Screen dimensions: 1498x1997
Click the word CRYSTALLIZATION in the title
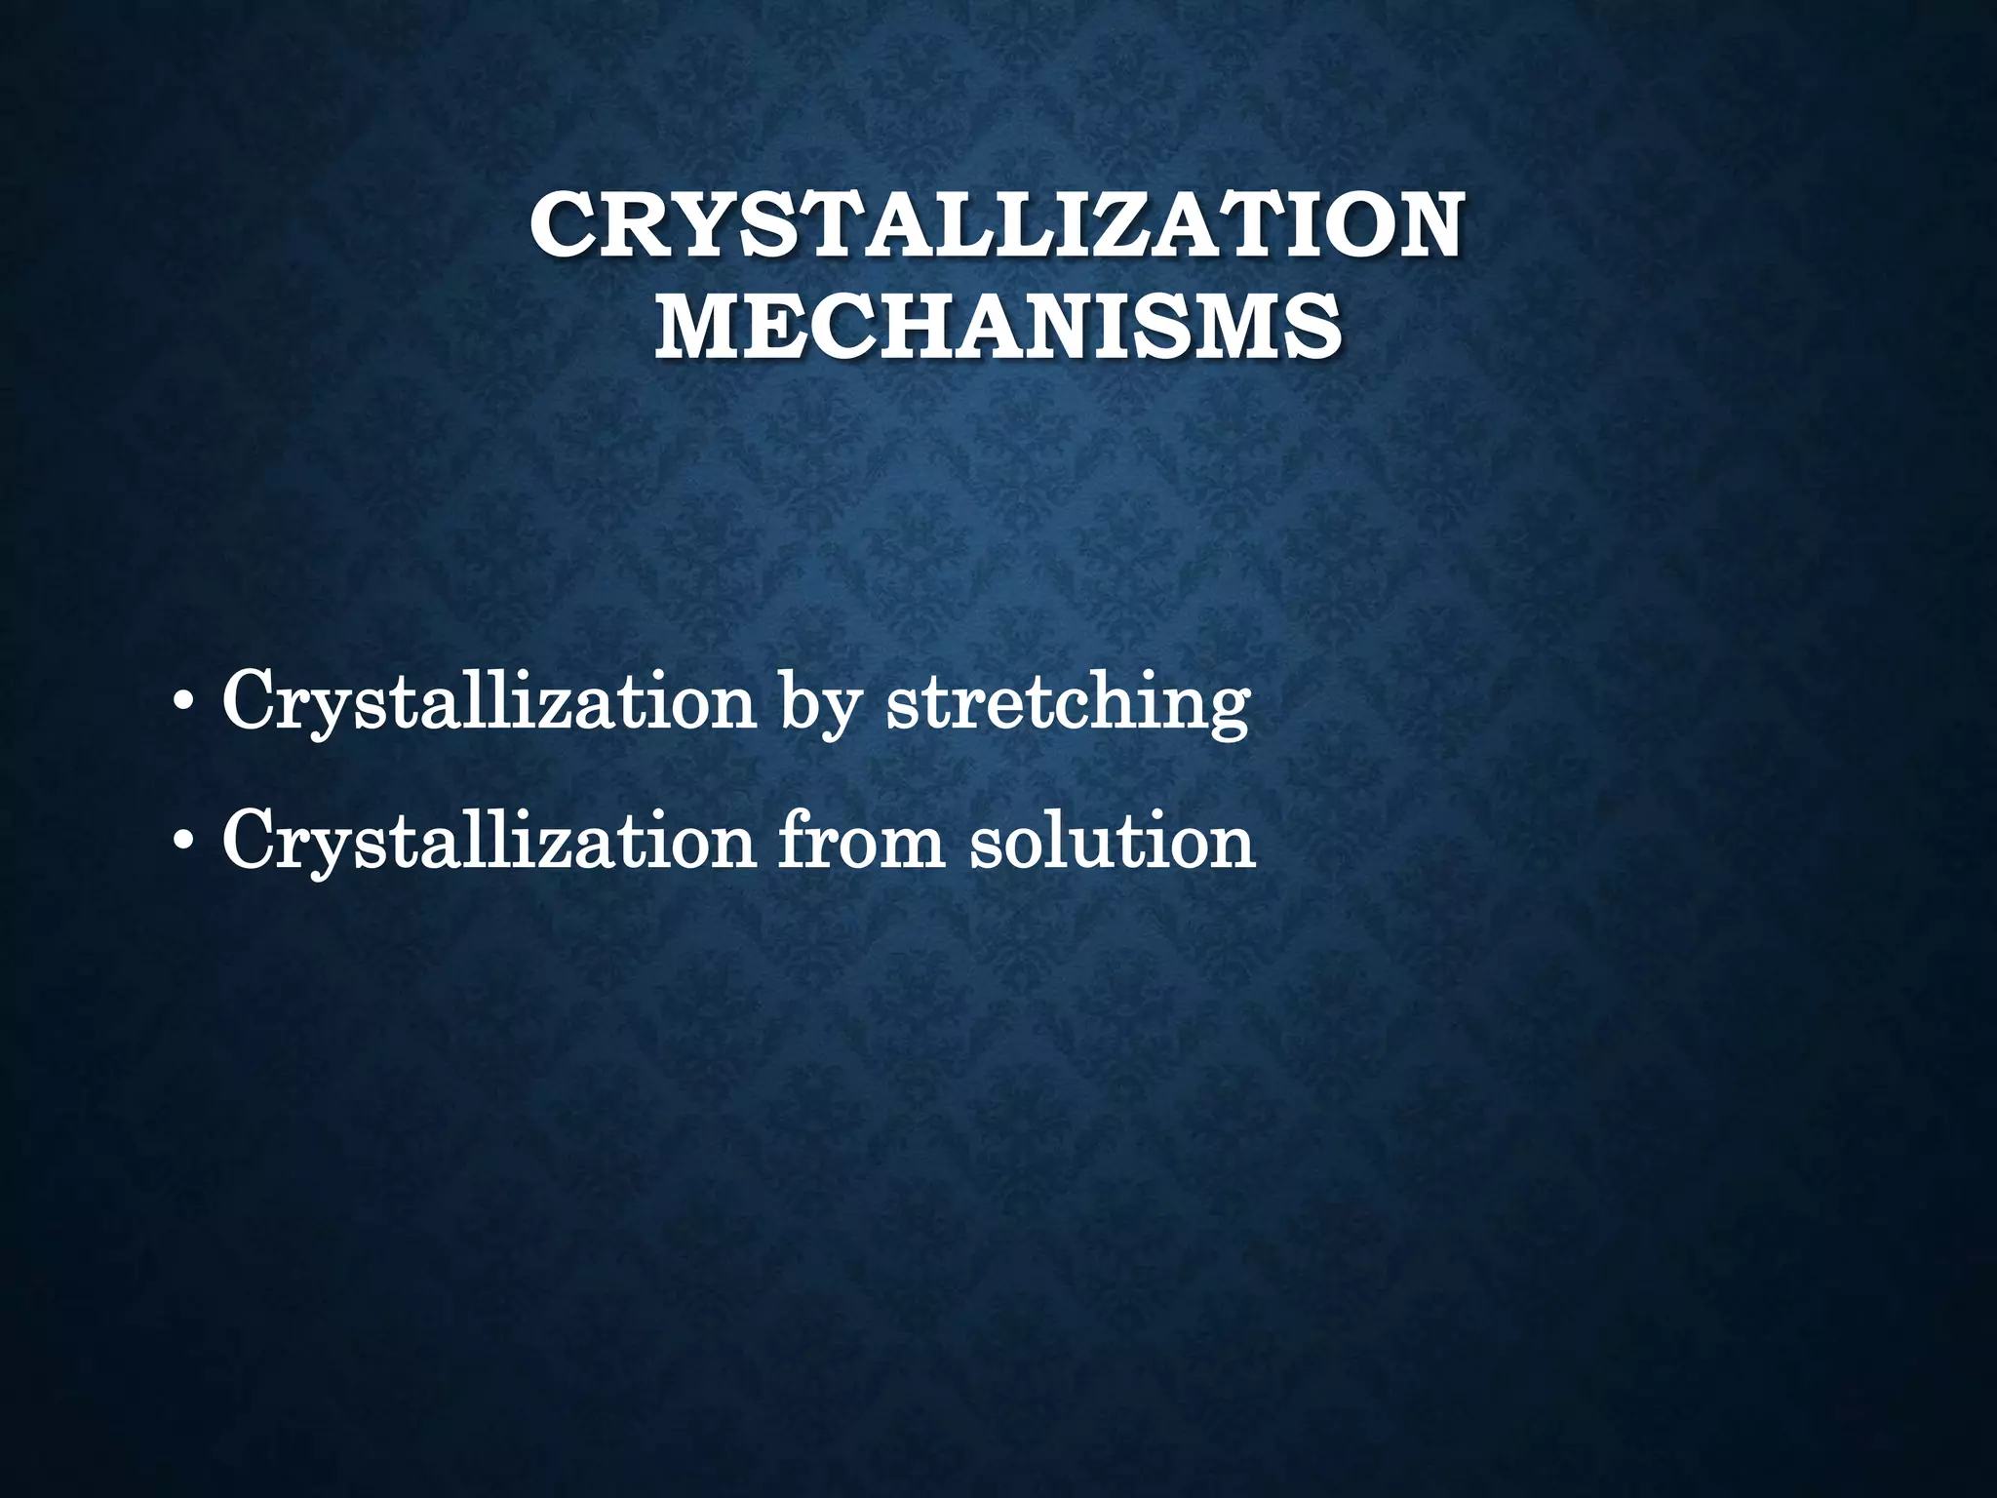pyautogui.click(x=997, y=225)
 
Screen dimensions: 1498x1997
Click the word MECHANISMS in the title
pyautogui.click(x=997, y=327)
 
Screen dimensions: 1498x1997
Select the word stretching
pyautogui.click(x=1067, y=703)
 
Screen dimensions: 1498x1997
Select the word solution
pyautogui.click(x=1112, y=841)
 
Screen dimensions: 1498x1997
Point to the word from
pyautogui.click(x=860, y=841)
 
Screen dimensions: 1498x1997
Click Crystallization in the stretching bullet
pyautogui.click(x=489, y=703)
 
